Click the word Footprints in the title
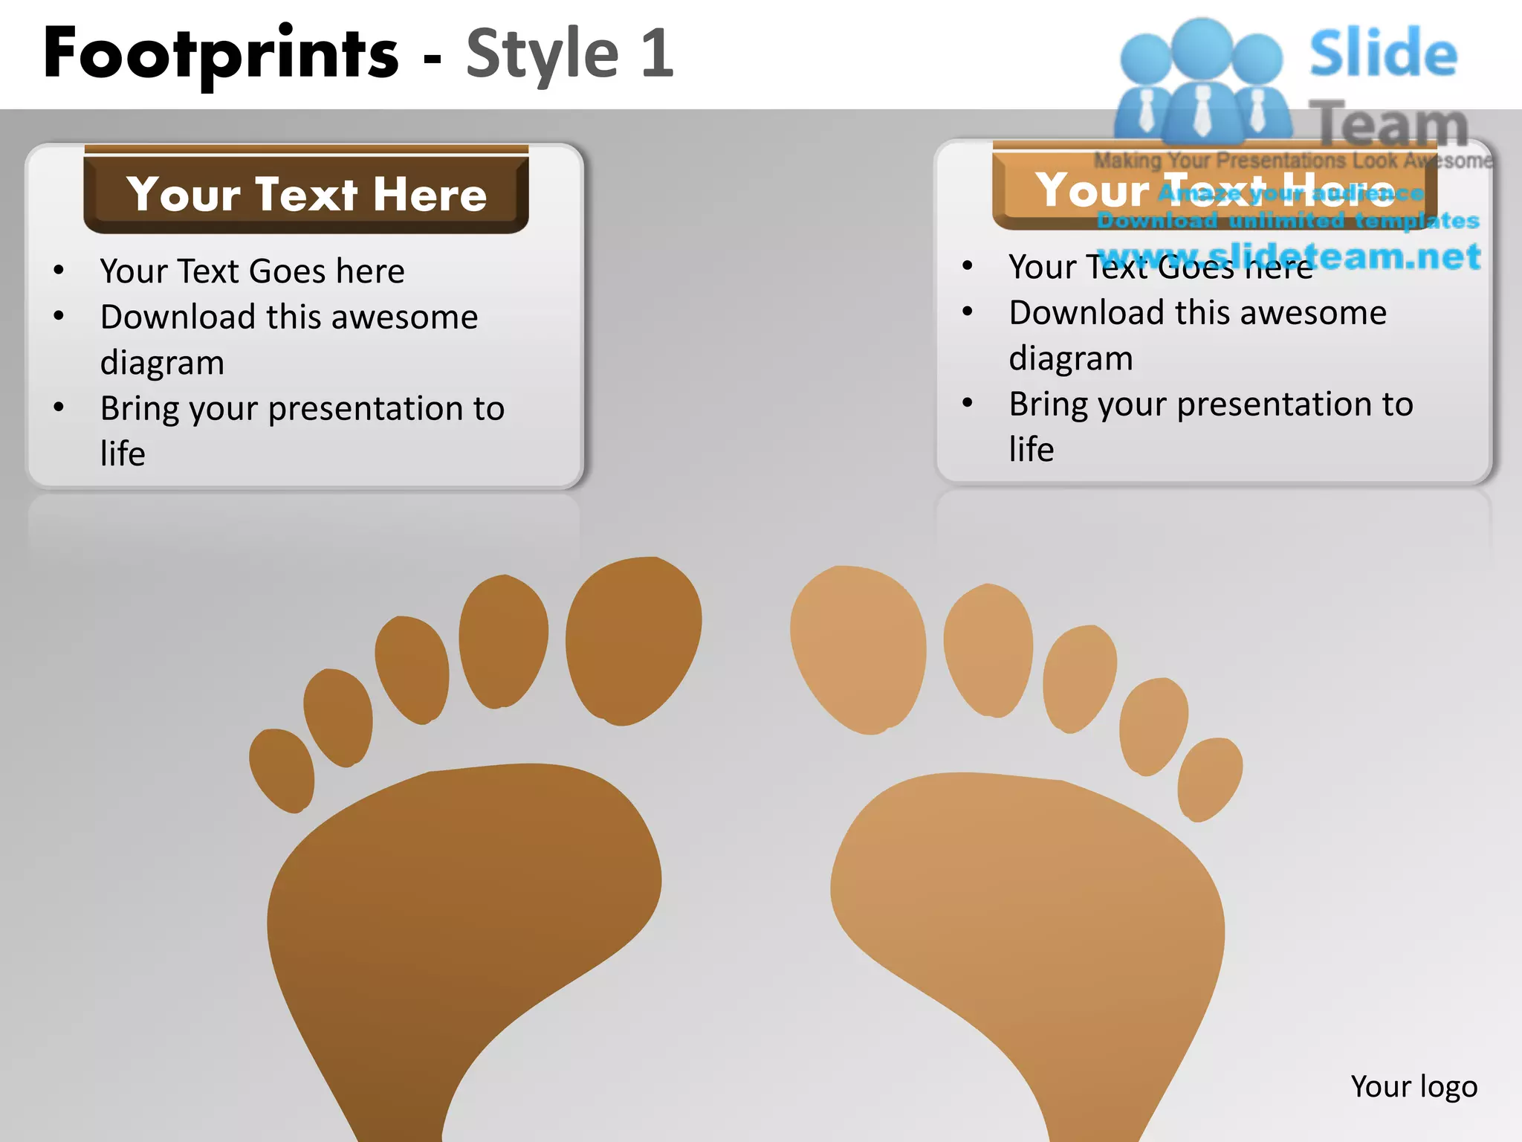[x=221, y=54]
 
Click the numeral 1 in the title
[x=657, y=54]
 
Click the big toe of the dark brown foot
[x=633, y=641]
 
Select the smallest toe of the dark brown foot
[x=282, y=770]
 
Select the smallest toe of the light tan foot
[x=1211, y=778]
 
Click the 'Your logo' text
[x=1413, y=1086]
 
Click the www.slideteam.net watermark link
[x=1289, y=257]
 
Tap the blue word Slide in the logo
[x=1383, y=54]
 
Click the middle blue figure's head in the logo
[x=1202, y=46]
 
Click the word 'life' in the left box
[x=123, y=454]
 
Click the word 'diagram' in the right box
[x=1071, y=358]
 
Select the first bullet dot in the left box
[x=59, y=271]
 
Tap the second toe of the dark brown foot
[x=503, y=640]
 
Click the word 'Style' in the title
[x=542, y=54]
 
